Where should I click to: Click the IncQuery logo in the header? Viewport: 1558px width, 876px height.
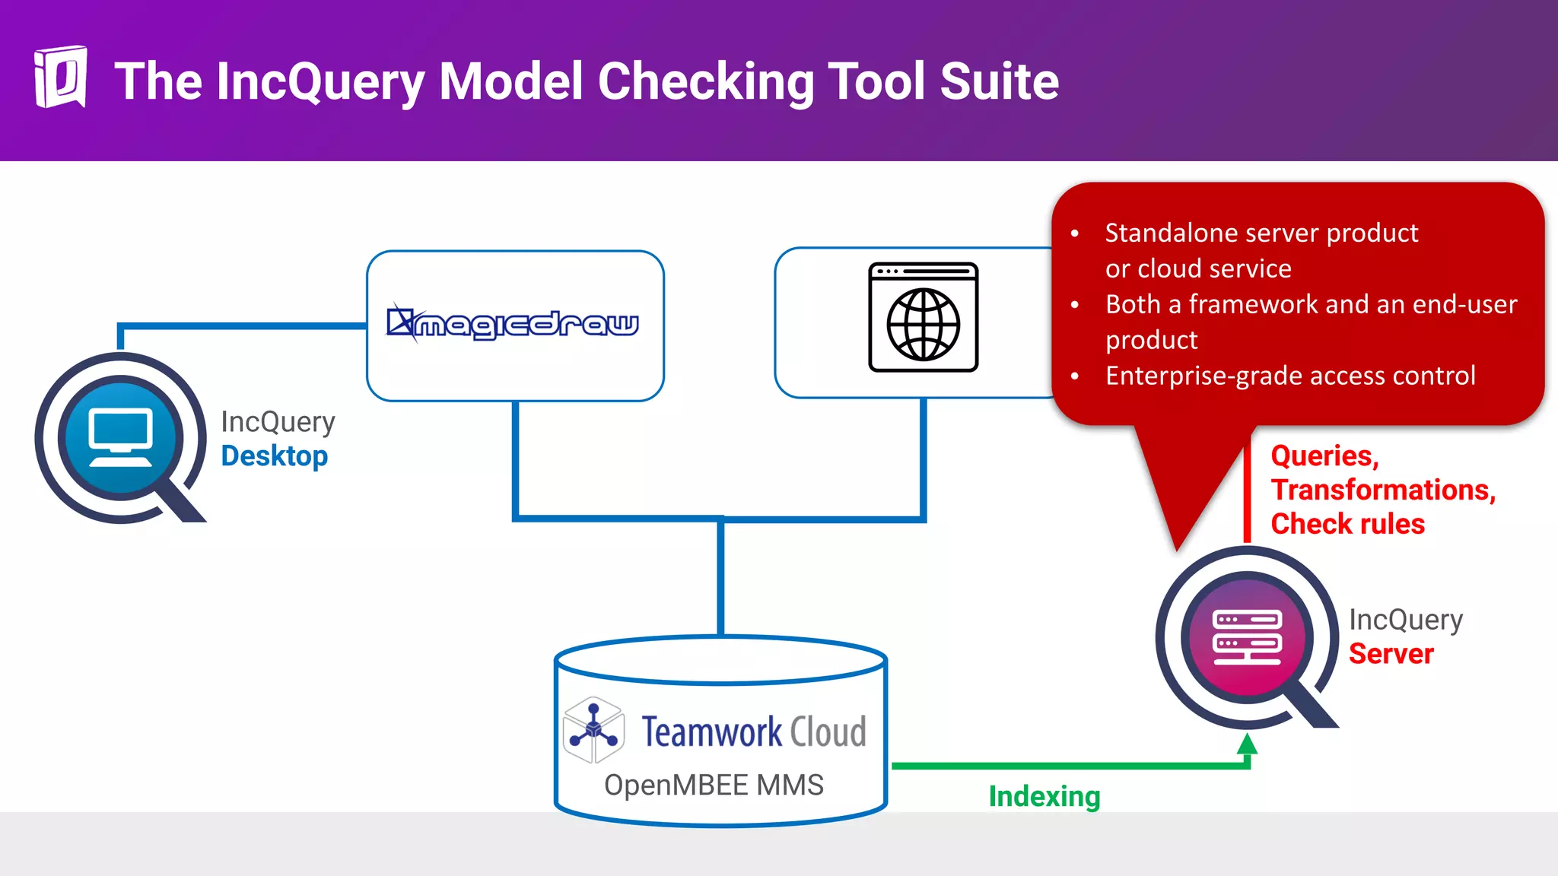pos(60,78)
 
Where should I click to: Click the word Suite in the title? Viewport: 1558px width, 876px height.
pos(999,81)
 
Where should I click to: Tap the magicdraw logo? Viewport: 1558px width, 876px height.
pos(514,324)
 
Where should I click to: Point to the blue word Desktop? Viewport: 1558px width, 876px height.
pos(274,456)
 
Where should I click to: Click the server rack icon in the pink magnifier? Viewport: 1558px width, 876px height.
pos(1247,637)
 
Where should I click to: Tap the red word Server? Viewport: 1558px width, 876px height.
pos(1391,654)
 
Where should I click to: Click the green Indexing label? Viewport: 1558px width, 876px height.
pos(1044,797)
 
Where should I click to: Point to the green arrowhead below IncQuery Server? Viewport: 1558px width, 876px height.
pos(1247,744)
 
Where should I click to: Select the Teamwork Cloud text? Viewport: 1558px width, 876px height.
pos(753,732)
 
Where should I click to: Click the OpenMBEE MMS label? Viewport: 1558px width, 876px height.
pos(714,785)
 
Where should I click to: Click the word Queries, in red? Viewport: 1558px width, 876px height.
pos(1324,456)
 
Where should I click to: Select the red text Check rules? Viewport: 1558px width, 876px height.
pos(1347,524)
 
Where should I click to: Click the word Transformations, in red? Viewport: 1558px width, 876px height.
pos(1383,490)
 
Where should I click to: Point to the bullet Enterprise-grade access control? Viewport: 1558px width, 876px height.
pos(1290,376)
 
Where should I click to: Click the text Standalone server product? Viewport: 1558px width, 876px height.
pos(1261,233)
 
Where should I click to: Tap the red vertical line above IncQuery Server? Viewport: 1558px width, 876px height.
pos(1247,494)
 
